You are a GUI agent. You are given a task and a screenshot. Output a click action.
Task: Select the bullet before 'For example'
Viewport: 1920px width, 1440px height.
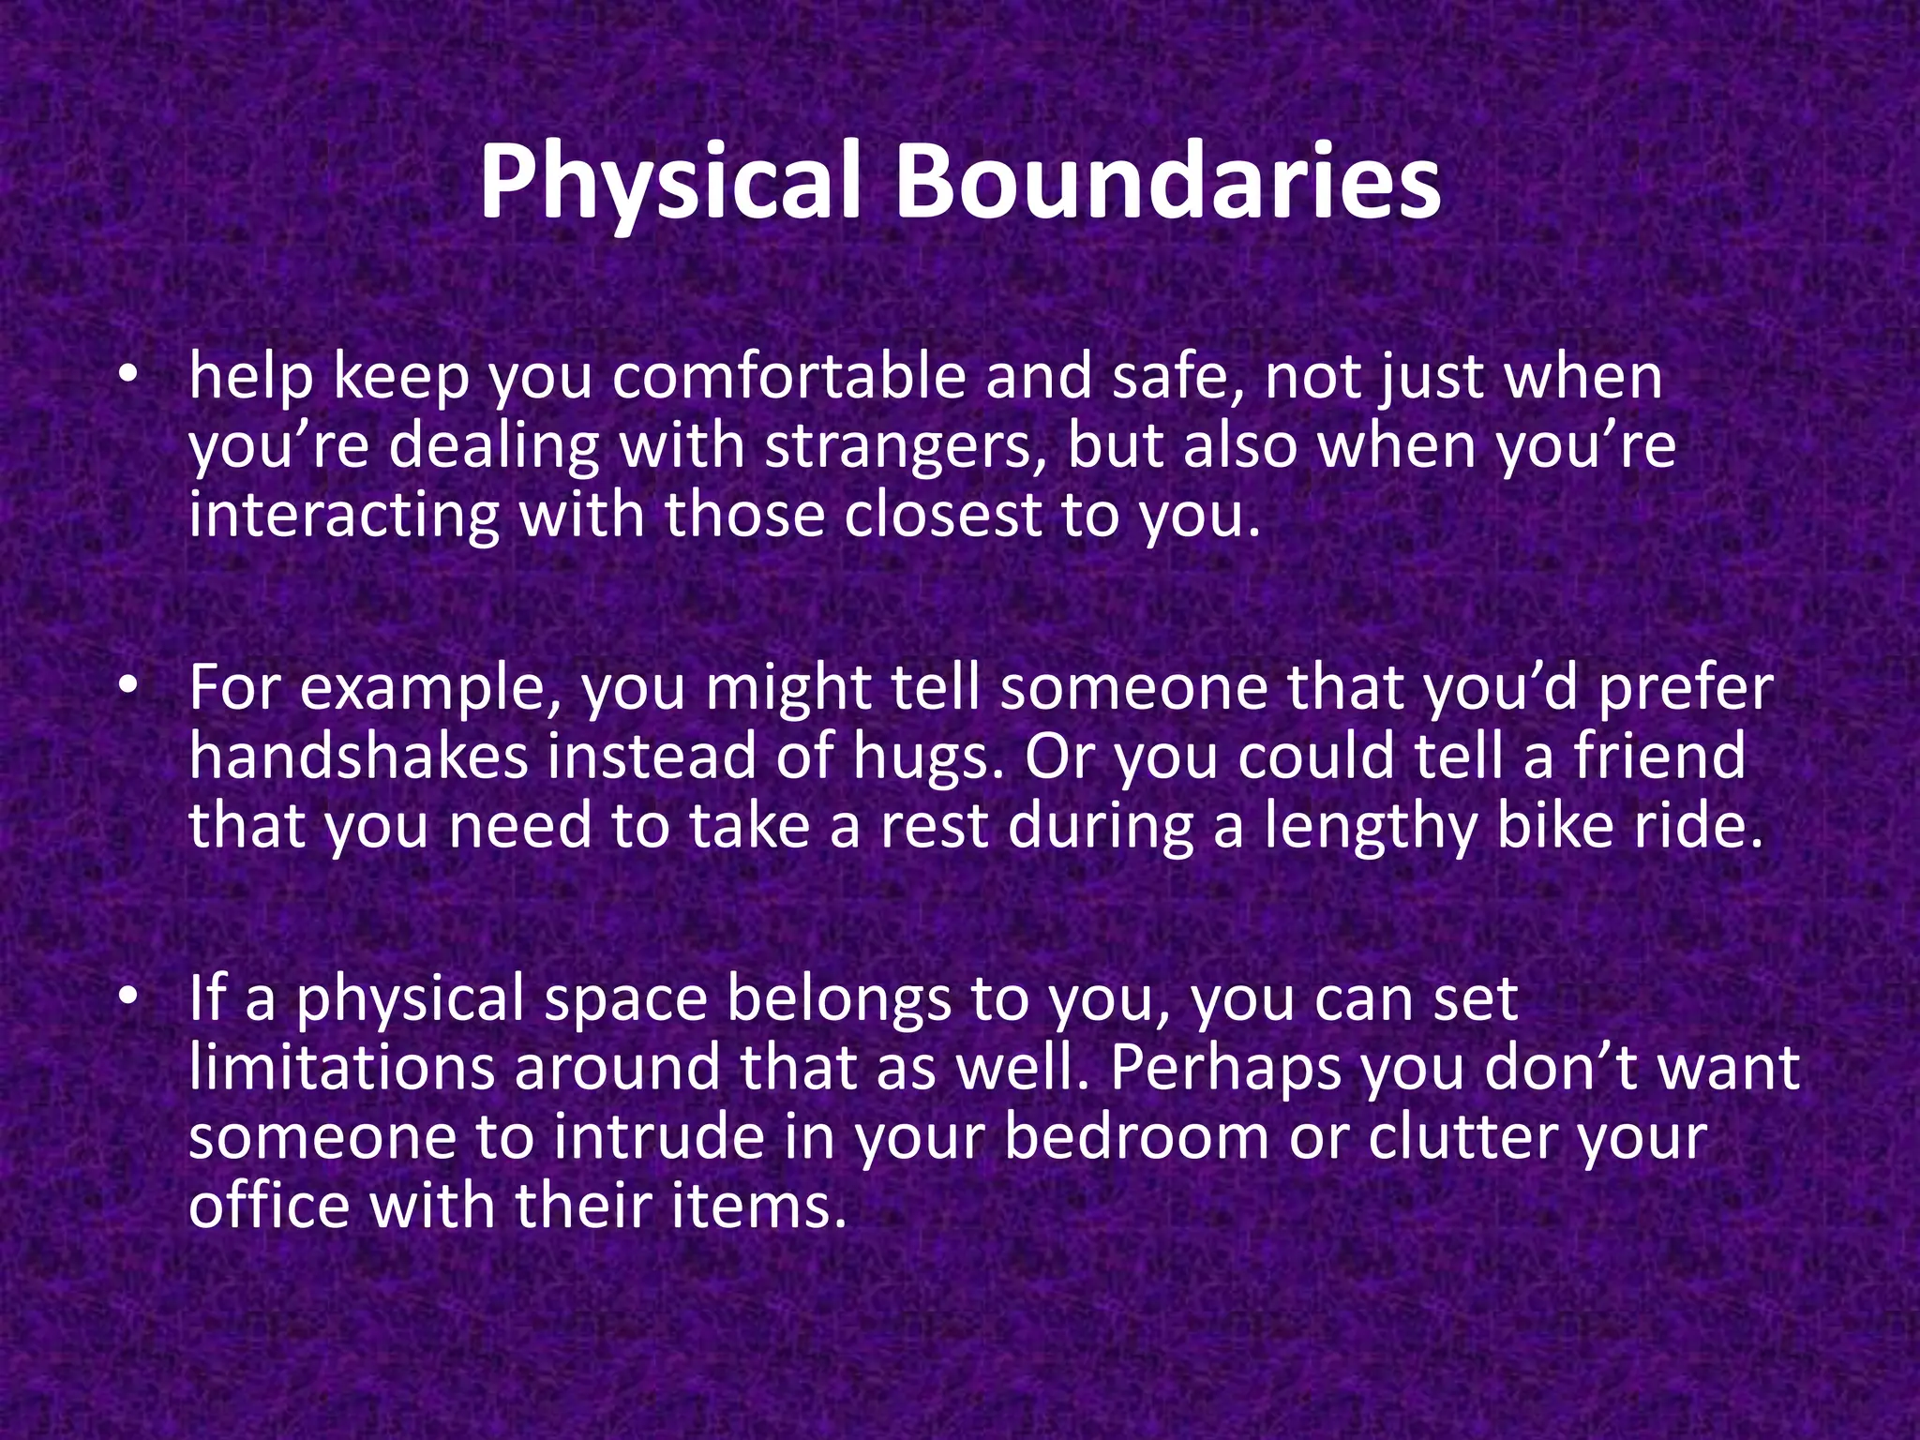pyautogui.click(x=129, y=687)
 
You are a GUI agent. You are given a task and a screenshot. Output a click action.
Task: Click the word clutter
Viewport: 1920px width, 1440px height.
pyautogui.click(x=1462, y=1136)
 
